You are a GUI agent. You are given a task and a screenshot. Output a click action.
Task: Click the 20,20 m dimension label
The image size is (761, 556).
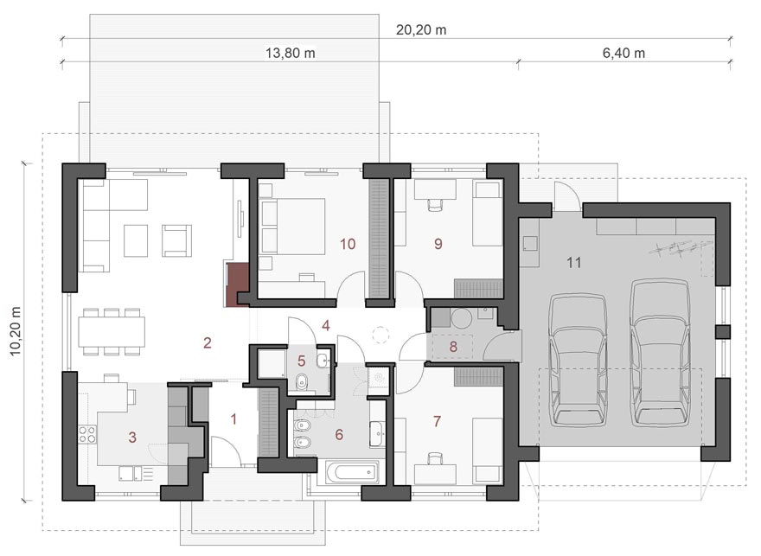click(x=421, y=29)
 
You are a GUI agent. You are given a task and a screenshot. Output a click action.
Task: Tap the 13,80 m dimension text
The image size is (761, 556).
click(x=291, y=53)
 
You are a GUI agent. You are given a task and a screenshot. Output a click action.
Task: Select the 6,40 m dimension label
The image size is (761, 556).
click(x=624, y=53)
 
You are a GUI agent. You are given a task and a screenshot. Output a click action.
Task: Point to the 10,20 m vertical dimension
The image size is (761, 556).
click(x=16, y=331)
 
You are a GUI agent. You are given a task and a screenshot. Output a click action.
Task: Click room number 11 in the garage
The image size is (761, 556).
click(x=573, y=263)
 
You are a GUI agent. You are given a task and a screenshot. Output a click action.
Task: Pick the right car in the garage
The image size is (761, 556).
click(x=661, y=352)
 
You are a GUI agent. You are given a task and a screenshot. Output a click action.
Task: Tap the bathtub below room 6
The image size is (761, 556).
click(x=352, y=472)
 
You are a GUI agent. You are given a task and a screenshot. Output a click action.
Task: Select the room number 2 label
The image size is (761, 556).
click(x=208, y=343)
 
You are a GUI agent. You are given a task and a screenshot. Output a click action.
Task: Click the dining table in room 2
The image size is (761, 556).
click(x=112, y=331)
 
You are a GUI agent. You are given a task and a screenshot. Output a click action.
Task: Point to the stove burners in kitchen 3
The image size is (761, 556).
click(x=87, y=434)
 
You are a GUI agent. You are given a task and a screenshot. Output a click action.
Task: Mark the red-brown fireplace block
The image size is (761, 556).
click(x=238, y=284)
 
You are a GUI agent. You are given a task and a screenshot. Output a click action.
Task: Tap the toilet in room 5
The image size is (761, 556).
click(x=303, y=381)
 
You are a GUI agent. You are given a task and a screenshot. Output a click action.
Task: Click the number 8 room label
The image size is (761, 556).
click(x=453, y=347)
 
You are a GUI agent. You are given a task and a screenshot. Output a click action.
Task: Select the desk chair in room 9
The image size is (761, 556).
click(x=435, y=205)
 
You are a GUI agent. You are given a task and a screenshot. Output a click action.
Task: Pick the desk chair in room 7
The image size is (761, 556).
click(x=435, y=458)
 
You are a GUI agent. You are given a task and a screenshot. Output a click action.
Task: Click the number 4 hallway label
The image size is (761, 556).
click(x=326, y=325)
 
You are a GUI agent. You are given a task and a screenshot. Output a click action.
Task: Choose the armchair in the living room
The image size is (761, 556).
click(x=176, y=240)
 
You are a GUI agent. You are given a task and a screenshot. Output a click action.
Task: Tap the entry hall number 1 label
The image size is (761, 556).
click(x=233, y=419)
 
